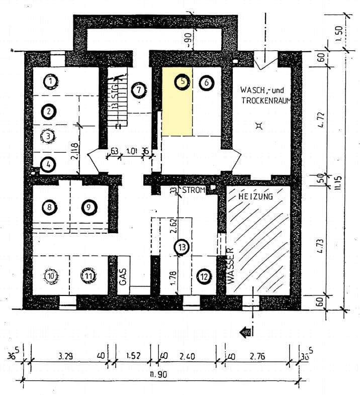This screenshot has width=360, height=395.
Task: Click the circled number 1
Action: pos(49,80)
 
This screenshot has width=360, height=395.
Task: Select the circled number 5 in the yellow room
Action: pos(182,81)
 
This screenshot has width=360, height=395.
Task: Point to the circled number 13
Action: pos(182,247)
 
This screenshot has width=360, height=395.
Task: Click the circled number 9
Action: pos(88,207)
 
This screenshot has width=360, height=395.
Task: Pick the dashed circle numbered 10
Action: pos(51,275)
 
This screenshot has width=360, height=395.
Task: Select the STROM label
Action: pos(193,190)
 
